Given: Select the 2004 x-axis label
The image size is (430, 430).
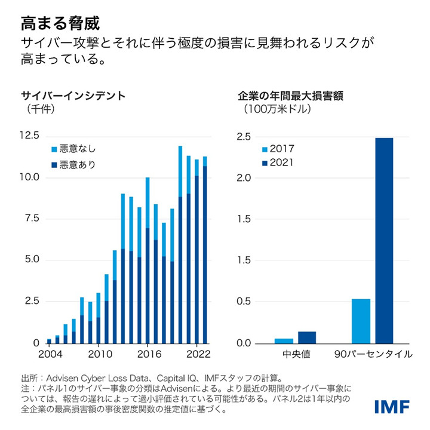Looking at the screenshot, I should tap(50, 354).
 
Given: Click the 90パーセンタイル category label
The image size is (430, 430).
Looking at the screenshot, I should tap(373, 354).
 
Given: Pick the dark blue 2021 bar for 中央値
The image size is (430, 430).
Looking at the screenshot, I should tap(307, 337).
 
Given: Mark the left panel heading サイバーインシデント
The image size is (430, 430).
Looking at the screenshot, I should tap(73, 95).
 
